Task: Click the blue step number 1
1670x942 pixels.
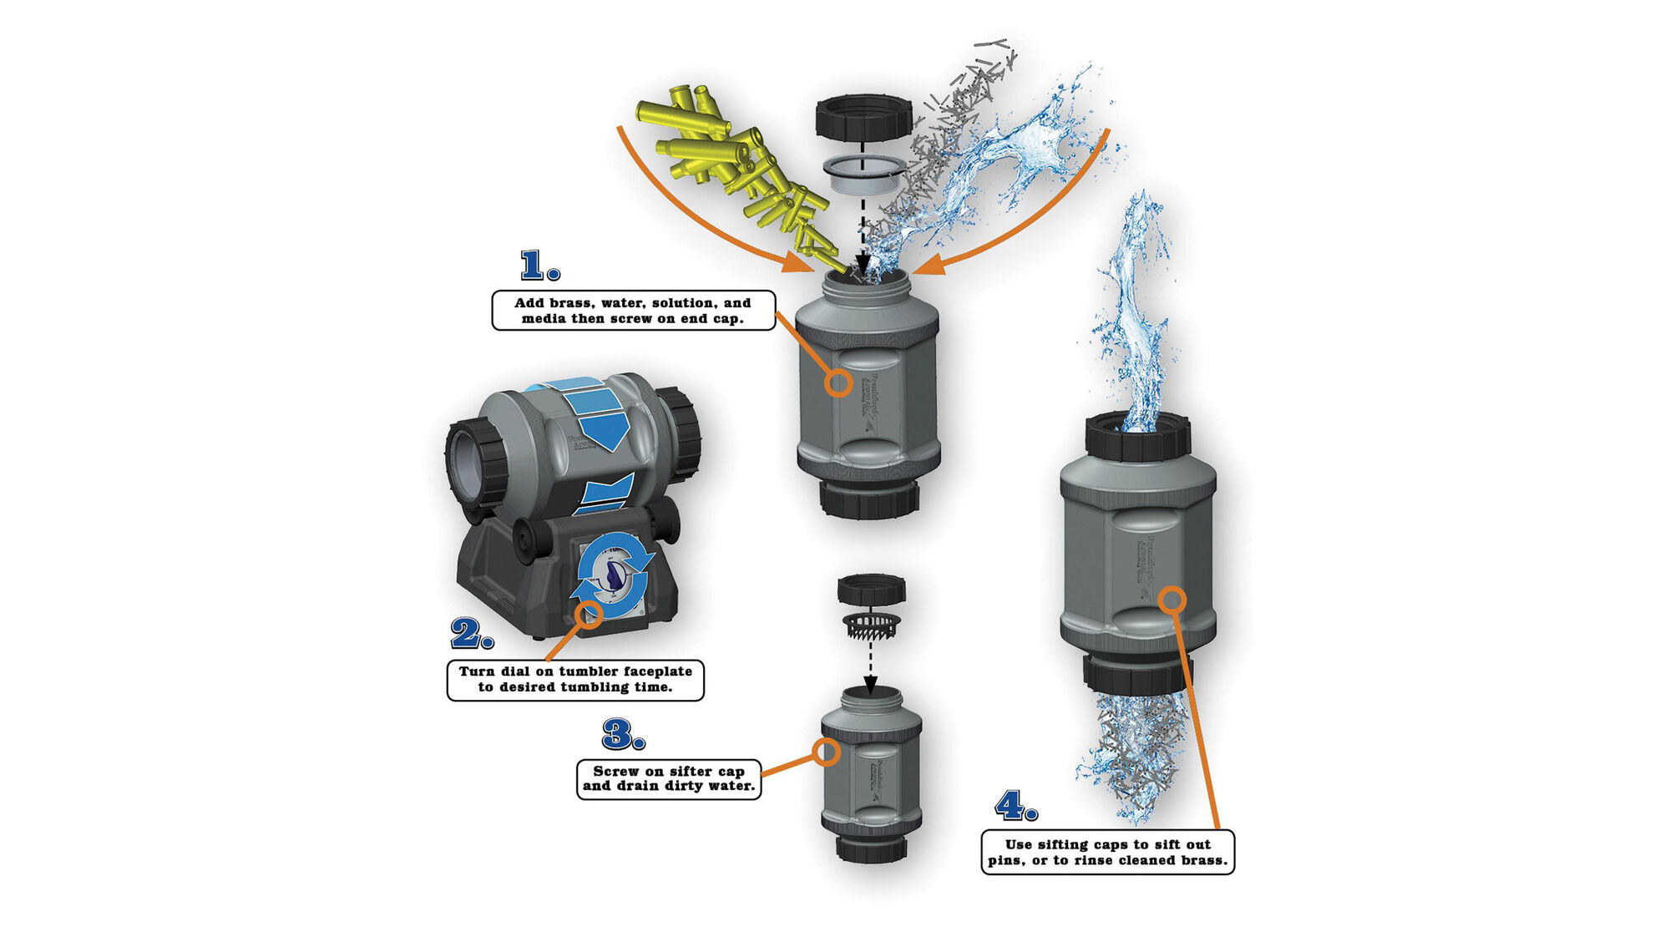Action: pyautogui.click(x=535, y=266)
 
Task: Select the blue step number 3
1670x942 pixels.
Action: pyautogui.click(x=619, y=735)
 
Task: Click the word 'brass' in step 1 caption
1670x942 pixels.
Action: pyautogui.click(x=574, y=303)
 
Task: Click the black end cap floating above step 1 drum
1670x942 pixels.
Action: pyautogui.click(x=863, y=118)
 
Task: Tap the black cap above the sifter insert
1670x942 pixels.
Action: pyautogui.click(x=871, y=590)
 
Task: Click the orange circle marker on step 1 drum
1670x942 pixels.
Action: pyautogui.click(x=838, y=383)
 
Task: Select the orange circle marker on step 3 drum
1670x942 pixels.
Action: pyautogui.click(x=826, y=752)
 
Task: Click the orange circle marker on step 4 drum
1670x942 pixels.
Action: pyautogui.click(x=1172, y=600)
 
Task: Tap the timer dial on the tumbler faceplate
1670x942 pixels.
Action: pyautogui.click(x=615, y=576)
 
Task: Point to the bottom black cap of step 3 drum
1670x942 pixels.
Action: pyautogui.click(x=871, y=848)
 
